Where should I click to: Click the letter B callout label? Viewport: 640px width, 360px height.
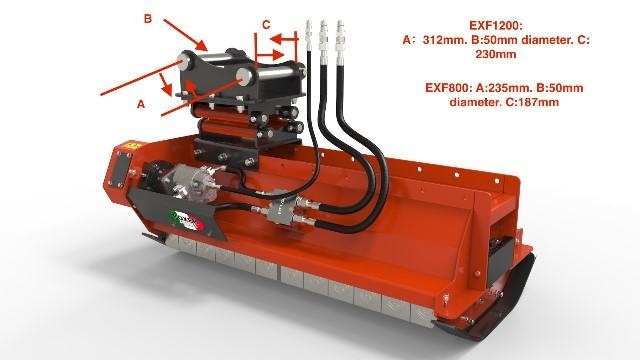[x=148, y=19]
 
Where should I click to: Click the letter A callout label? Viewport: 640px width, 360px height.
[x=141, y=104]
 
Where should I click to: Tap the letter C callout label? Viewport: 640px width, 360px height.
[x=266, y=25]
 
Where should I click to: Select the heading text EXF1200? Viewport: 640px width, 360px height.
[x=496, y=25]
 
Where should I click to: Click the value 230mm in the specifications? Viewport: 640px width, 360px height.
[x=496, y=54]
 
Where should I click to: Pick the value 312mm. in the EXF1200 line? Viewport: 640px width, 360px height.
[x=444, y=40]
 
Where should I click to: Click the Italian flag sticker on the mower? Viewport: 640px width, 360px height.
[x=187, y=220]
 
